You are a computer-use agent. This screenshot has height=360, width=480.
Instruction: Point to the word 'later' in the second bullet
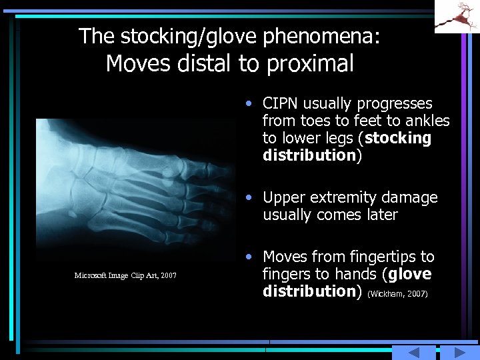pos(382,215)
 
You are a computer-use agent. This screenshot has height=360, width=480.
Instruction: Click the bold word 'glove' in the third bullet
pos(409,274)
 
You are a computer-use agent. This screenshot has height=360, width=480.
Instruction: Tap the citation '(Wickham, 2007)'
pos(397,293)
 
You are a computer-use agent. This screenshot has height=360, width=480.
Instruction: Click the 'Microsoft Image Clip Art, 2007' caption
pos(125,275)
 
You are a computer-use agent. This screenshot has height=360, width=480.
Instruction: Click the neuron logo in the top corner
pos(457,16)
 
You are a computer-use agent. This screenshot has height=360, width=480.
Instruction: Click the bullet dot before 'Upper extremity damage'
pos(248,198)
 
